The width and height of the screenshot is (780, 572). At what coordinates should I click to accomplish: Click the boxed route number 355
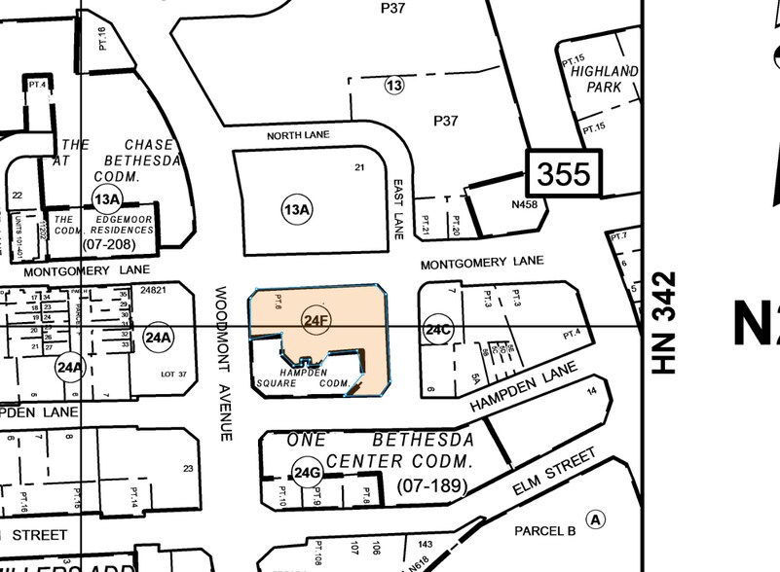564,173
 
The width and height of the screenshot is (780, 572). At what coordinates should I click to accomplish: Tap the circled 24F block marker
314,320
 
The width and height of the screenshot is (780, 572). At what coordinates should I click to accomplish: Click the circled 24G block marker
308,473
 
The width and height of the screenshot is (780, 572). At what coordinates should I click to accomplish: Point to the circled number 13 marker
393,86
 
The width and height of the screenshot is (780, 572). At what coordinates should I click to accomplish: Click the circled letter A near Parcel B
596,518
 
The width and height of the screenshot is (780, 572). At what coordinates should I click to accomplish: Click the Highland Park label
604,79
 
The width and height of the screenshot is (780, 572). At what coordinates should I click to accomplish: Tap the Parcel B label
545,530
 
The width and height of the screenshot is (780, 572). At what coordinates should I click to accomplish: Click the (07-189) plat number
432,483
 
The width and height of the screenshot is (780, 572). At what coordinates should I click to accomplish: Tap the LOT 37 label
172,373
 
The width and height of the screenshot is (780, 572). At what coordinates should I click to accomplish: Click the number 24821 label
155,290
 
